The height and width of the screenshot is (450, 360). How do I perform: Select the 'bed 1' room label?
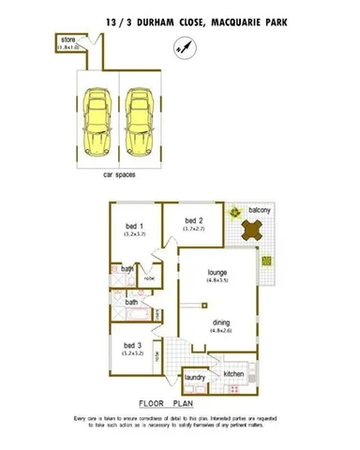click(134, 227)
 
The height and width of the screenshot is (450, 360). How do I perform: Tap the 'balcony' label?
click(260, 211)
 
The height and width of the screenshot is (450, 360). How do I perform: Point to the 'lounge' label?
click(219, 273)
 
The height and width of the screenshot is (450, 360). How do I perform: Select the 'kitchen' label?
click(233, 374)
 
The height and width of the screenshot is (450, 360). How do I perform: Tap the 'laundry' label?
click(195, 378)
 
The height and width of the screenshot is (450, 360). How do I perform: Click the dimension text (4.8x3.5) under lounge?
click(219, 281)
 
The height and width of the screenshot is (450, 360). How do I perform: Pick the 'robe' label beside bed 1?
click(149, 278)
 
